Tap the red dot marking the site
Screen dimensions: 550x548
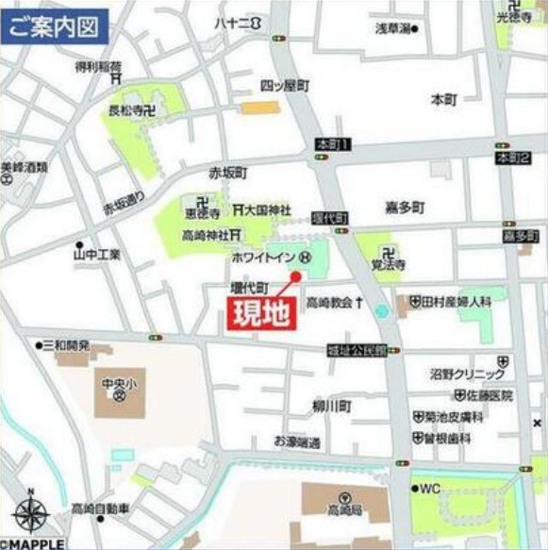click(295, 276)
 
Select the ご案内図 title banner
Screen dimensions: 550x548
click(54, 25)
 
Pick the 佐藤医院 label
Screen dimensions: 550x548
click(482, 395)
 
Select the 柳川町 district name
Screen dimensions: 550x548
click(331, 407)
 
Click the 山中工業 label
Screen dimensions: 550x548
click(97, 254)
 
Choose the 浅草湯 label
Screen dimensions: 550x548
click(396, 29)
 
